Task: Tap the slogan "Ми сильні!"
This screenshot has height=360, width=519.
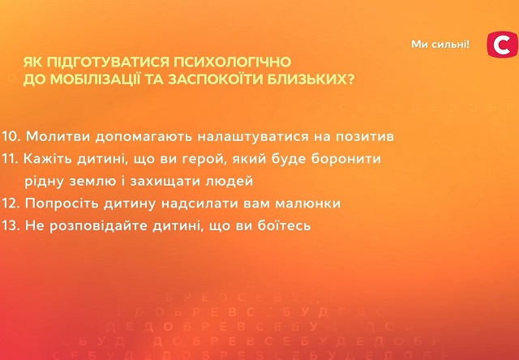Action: tap(440, 44)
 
